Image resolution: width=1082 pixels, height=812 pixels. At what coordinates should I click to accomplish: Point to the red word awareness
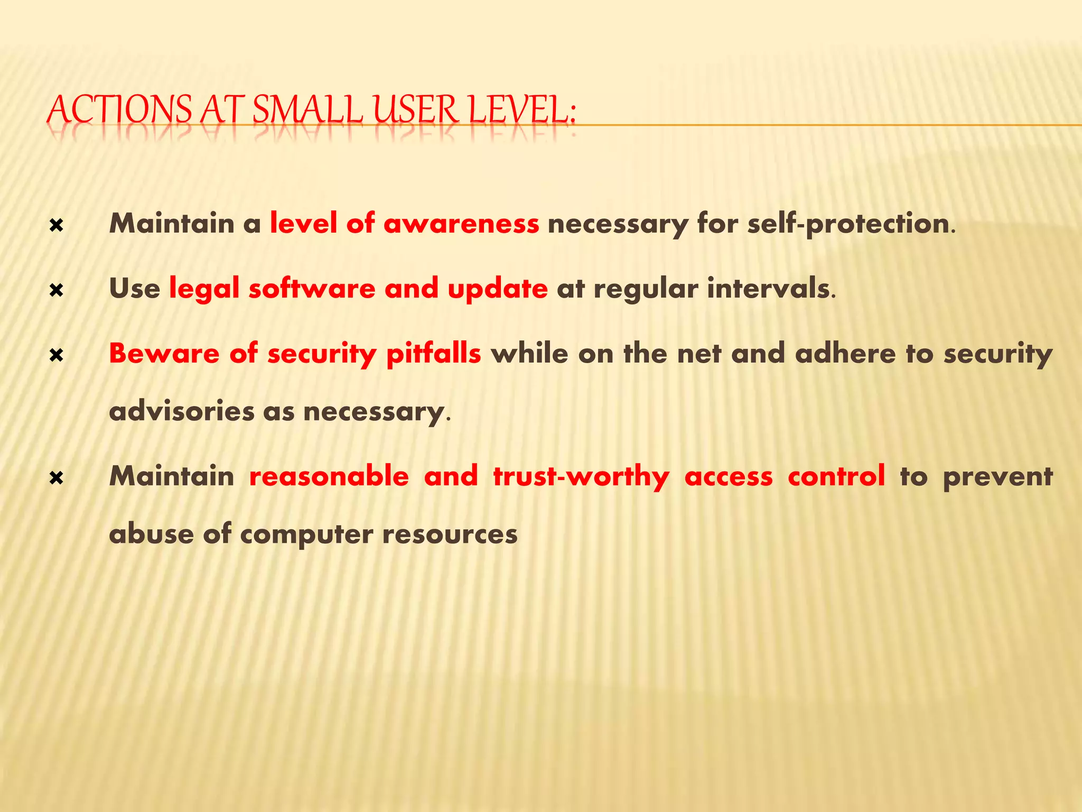click(x=461, y=223)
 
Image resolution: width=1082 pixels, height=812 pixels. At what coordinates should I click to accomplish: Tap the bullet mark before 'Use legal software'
click(x=56, y=290)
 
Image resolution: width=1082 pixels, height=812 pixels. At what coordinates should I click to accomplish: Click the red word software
click(x=312, y=288)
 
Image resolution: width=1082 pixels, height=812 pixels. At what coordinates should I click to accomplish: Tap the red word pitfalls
click(x=433, y=353)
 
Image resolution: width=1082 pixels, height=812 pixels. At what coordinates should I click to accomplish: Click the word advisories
click(x=181, y=411)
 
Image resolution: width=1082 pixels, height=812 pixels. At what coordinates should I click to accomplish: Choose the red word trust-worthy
click(x=581, y=477)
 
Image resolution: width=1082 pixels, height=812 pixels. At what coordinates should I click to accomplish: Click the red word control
click(x=836, y=476)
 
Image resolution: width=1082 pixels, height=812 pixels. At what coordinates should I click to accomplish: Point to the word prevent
click(x=997, y=477)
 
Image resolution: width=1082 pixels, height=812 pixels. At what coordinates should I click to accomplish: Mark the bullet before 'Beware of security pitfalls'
click(x=56, y=355)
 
